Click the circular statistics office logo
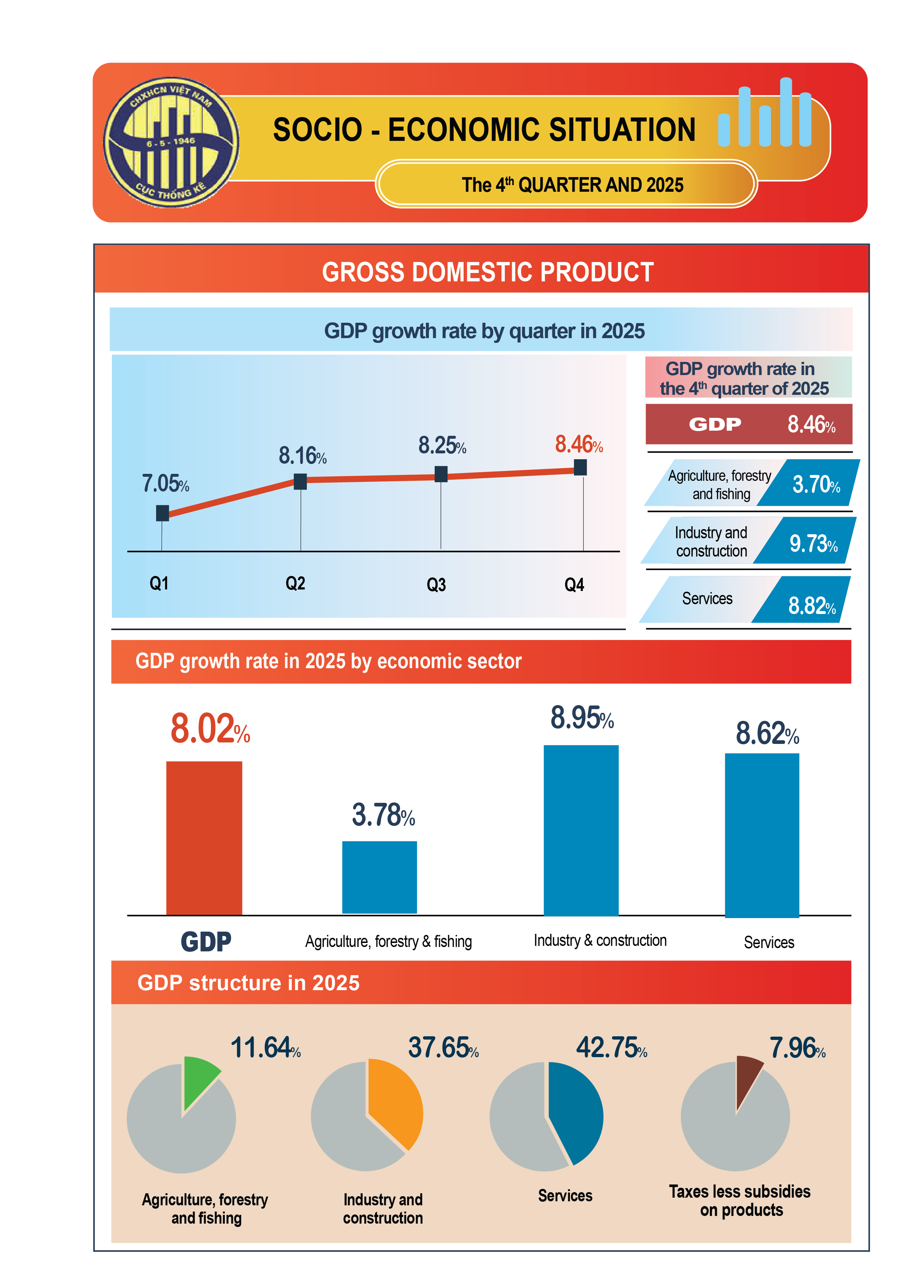171,143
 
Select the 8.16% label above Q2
302,456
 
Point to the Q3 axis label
436,585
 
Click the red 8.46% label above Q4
578,445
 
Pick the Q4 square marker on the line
580,467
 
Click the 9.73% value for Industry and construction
813,543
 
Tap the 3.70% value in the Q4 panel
815,484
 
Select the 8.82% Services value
812,606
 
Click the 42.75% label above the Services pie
611,1048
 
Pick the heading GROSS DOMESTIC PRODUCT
487,272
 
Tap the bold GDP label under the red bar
206,942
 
